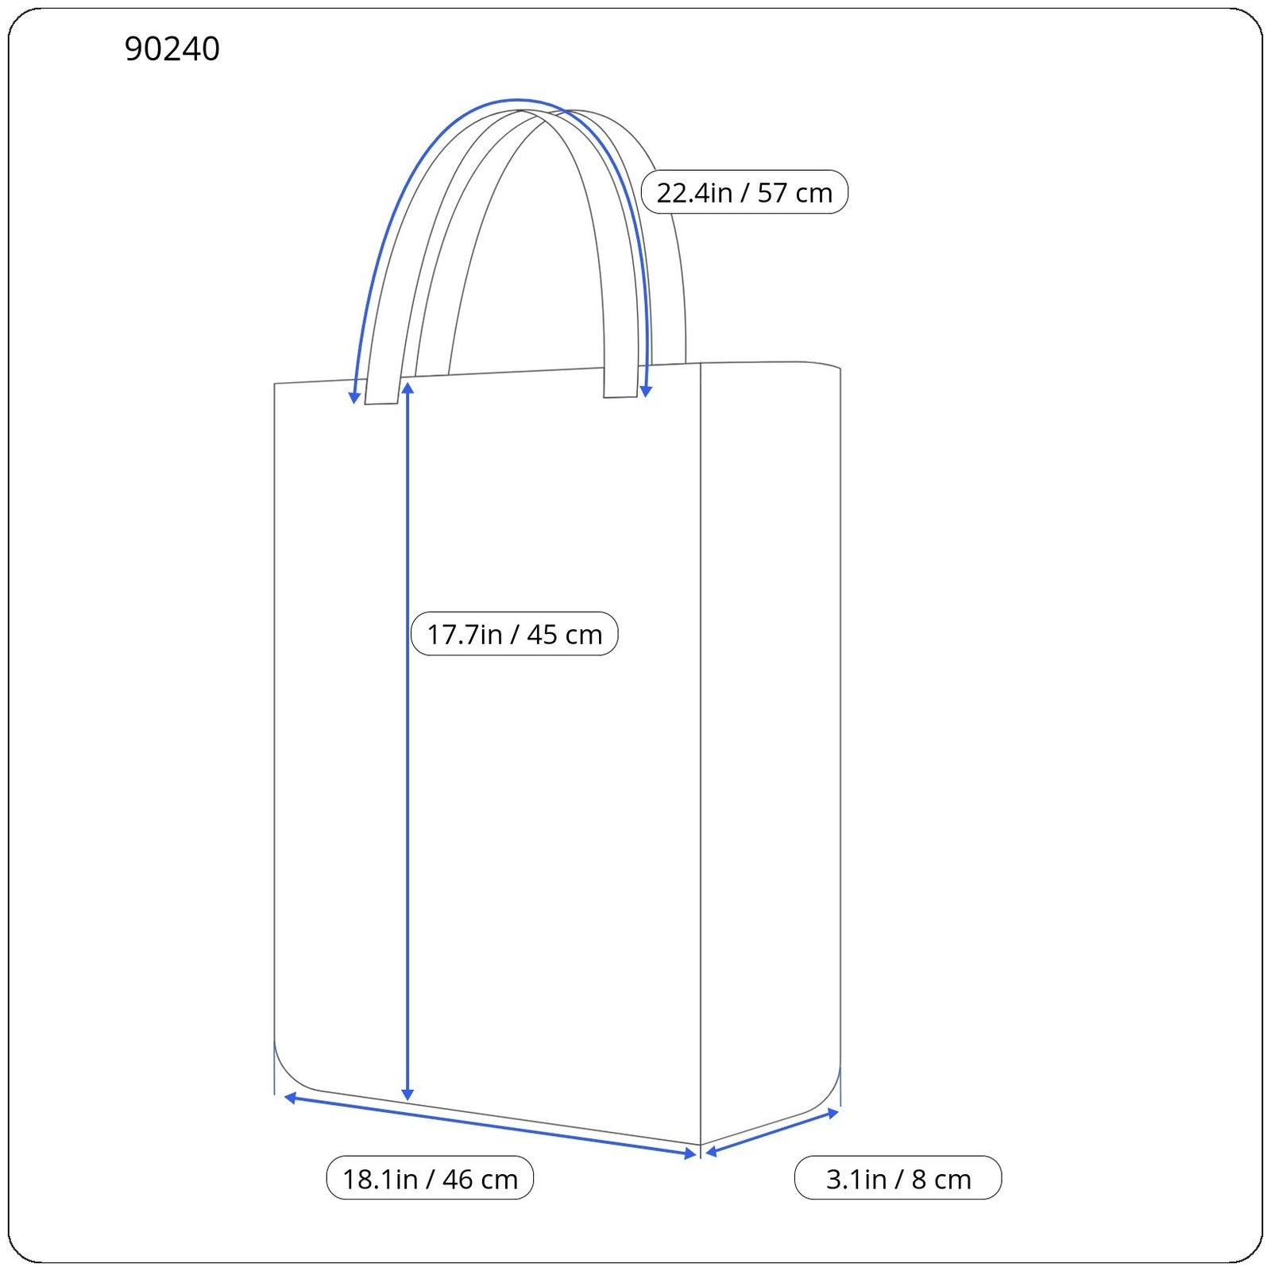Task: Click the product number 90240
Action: [x=172, y=49]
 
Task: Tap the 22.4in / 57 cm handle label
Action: [x=744, y=192]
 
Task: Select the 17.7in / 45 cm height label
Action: [x=514, y=634]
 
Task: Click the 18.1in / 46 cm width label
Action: [x=430, y=1178]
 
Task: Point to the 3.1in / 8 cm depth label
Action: [x=898, y=1178]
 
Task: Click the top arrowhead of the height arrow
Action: [x=408, y=388]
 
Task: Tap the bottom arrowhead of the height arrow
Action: [x=408, y=1095]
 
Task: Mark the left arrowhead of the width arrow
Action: [x=291, y=1098]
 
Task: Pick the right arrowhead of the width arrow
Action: [x=690, y=1153]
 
